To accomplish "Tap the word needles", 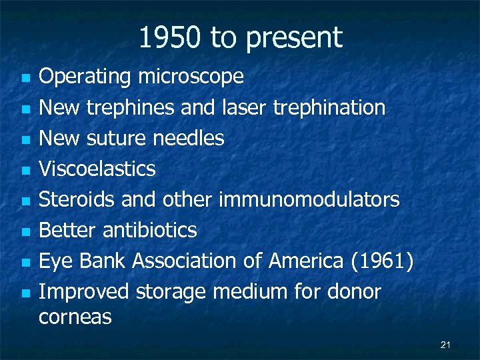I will (x=188, y=138).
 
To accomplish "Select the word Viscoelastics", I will (x=97, y=169).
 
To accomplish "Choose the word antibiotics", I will (x=150, y=230).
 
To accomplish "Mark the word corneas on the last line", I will (x=75, y=317).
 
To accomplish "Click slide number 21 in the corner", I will (x=446, y=345).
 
